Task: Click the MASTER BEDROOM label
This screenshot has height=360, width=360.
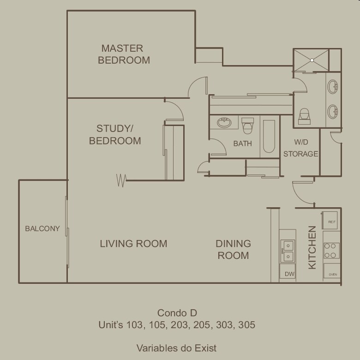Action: (x=124, y=54)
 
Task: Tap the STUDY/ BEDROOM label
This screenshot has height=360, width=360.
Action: (x=115, y=135)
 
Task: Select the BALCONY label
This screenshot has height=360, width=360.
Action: (x=42, y=228)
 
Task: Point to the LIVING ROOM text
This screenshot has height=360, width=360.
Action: (x=133, y=244)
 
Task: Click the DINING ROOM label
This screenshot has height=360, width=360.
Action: (x=233, y=249)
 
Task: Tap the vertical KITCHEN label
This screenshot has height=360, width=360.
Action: (x=312, y=247)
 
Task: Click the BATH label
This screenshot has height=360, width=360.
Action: (x=242, y=144)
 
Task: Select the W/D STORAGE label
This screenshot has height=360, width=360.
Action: (x=301, y=148)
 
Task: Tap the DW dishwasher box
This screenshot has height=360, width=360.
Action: (x=288, y=272)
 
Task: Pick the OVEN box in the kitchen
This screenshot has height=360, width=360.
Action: (x=332, y=271)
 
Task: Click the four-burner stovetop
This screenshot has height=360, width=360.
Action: (x=331, y=251)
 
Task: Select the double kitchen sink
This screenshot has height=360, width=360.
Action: (x=288, y=251)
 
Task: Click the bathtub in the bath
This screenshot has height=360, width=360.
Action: (x=269, y=136)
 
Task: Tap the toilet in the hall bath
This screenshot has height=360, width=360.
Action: (x=247, y=126)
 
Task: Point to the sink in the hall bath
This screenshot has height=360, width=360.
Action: (x=224, y=123)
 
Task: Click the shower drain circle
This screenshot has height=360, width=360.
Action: (x=312, y=60)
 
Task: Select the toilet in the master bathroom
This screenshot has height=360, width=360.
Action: (x=305, y=116)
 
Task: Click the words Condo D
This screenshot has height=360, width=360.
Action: (x=177, y=313)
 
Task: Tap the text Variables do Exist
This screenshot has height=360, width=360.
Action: (x=176, y=348)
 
